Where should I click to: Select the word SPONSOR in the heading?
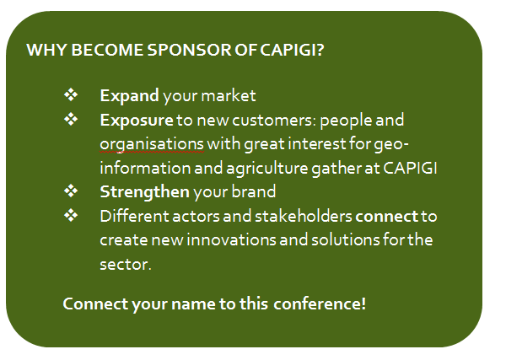point(189,50)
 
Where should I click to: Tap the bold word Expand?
point(129,96)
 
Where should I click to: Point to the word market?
point(229,96)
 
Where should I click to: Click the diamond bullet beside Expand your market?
point(71,94)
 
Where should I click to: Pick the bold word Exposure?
point(137,121)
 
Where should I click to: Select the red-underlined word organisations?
point(152,144)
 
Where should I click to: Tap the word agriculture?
point(267,169)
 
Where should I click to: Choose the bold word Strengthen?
point(144,192)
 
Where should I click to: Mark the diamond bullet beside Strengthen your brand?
point(71,191)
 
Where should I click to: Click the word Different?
point(134,216)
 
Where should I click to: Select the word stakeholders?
point(304,216)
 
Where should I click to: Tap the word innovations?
point(231,240)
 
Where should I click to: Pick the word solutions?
point(345,240)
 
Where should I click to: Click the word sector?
point(126,265)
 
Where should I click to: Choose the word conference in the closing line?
point(320,304)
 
